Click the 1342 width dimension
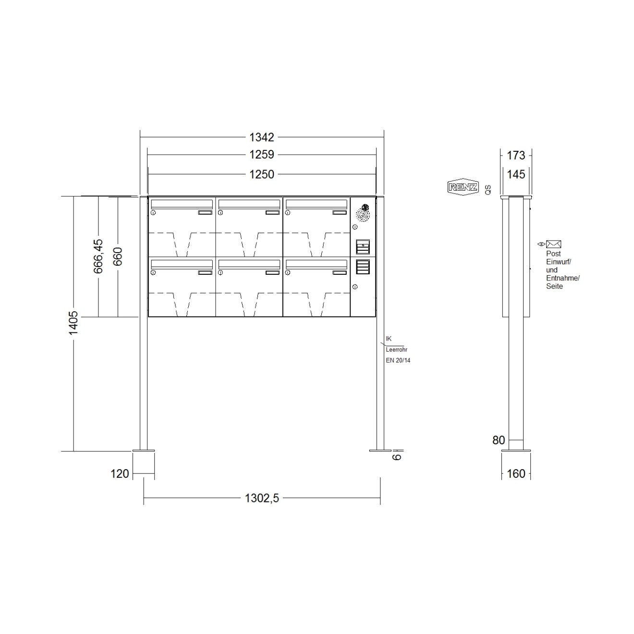pos(261,137)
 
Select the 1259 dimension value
pos(261,155)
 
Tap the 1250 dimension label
pos(261,174)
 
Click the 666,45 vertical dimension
pos(98,256)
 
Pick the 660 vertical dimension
pos(118,256)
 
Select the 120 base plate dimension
pos(120,474)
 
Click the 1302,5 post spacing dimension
pos(262,498)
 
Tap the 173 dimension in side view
pos(516,156)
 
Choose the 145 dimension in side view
pos(516,174)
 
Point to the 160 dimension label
pos(516,474)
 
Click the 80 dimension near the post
pos(499,440)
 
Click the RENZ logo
pos(463,187)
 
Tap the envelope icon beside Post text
pos(553,244)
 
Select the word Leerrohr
pos(396,350)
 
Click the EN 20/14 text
pos(398,360)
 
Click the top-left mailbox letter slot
pos(182,203)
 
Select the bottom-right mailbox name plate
pos(340,273)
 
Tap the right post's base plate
pos(380,451)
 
